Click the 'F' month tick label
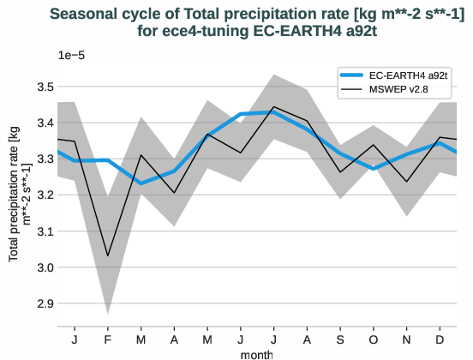108,339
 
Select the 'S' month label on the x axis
341,339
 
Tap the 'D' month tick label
440,339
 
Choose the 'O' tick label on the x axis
374,339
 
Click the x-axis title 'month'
257,352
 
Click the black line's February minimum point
108,255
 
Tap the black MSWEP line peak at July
274,107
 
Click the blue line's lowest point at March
141,183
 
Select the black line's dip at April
175,193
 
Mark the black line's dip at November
407,182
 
